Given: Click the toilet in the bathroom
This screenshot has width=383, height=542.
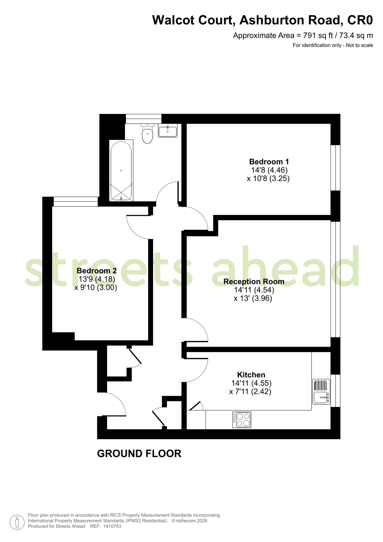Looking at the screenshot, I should [x=148, y=134].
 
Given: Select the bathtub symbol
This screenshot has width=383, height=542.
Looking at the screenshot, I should [x=121, y=170].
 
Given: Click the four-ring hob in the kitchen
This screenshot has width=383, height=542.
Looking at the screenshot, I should [x=242, y=420].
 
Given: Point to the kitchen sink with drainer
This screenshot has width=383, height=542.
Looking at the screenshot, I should [x=321, y=392].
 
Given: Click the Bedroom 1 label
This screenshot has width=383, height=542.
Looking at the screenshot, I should [x=269, y=162].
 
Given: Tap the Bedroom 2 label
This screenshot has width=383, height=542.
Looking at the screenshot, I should [x=97, y=270].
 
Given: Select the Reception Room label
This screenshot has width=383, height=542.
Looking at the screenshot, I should [x=254, y=281].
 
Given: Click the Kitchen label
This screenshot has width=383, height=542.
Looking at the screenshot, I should [x=251, y=375].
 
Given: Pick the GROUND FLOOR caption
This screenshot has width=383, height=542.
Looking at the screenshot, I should [x=139, y=454].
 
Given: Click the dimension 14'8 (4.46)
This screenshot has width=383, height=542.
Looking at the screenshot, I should [x=269, y=170].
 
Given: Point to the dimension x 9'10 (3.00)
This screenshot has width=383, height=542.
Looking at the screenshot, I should [x=96, y=287].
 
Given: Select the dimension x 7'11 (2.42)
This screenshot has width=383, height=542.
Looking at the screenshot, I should [x=250, y=392].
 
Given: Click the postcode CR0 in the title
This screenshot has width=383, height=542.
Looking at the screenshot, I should [x=360, y=20].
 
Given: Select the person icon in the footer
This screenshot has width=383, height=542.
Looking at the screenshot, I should [x=17, y=522].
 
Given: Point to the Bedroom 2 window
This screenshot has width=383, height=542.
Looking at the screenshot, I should [x=76, y=202].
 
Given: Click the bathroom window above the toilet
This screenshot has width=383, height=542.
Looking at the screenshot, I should [x=144, y=119].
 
